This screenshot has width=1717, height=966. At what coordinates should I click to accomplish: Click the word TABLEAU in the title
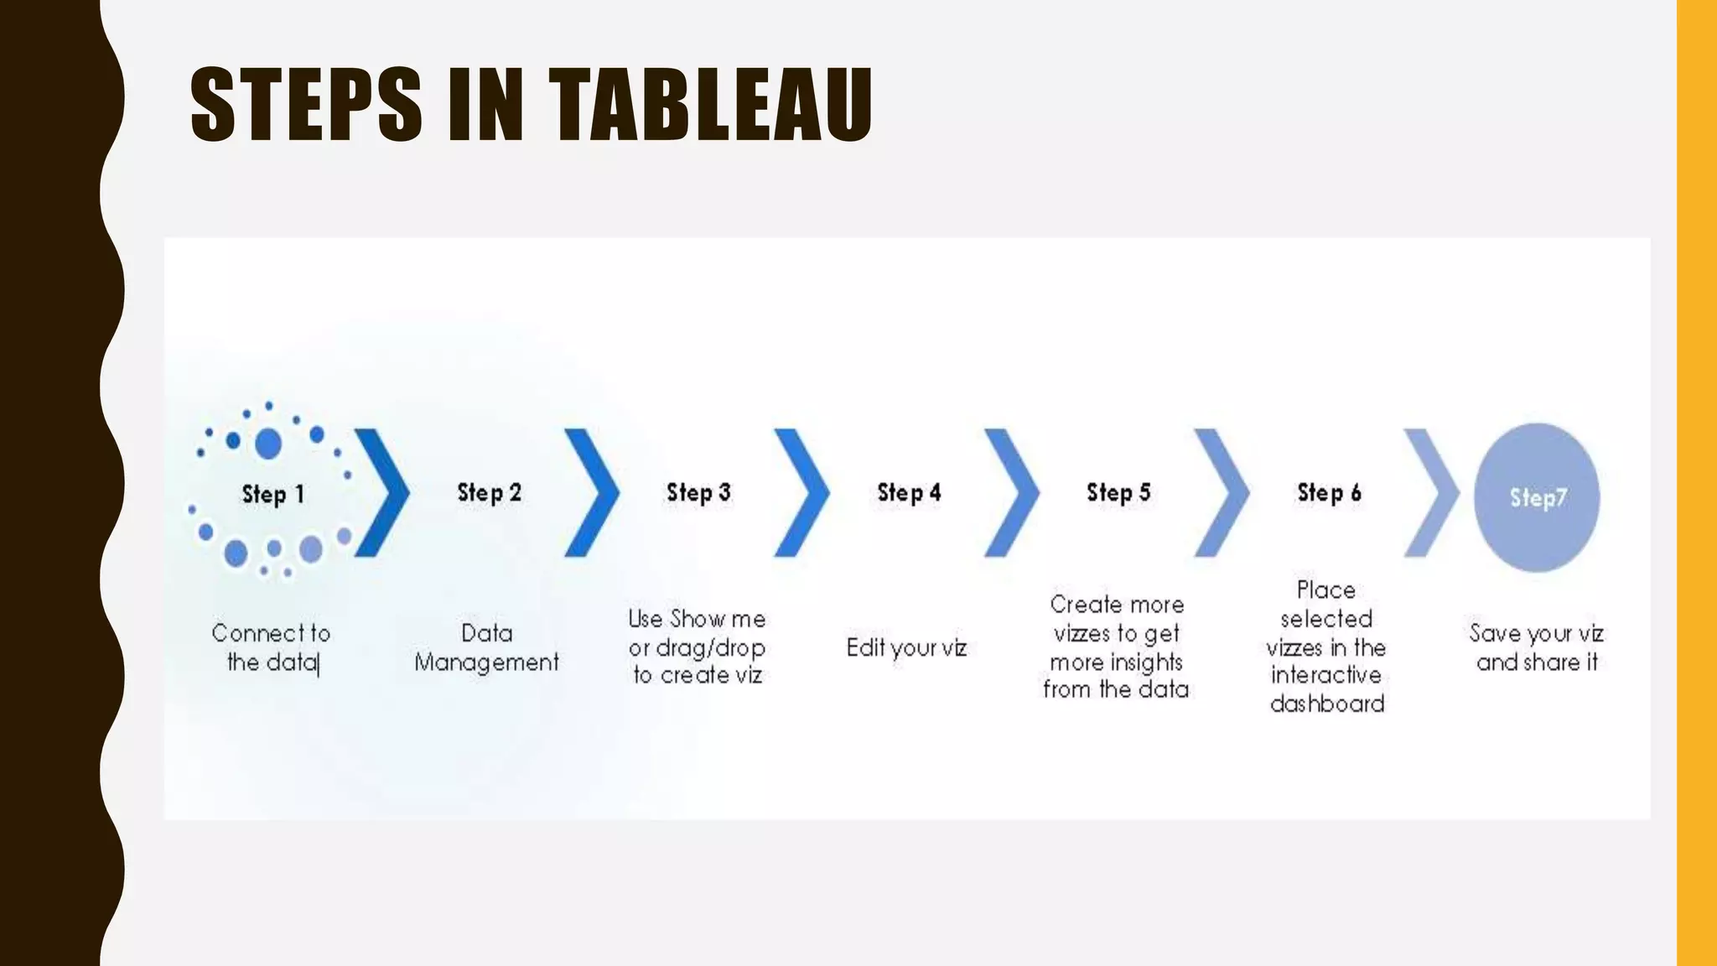pos(711,105)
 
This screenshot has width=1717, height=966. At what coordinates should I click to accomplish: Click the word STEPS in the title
pos(306,105)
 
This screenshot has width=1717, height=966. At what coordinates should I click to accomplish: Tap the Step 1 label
pos(272,494)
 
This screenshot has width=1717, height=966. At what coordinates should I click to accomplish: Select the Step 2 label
pos(489,492)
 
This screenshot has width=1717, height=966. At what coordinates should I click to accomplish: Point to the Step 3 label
pos(698,492)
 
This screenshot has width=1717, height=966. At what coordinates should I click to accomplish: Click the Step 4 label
pos(909,492)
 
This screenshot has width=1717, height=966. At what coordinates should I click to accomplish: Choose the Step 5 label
pos(1118,492)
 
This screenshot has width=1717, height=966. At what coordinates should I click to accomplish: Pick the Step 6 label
pos(1329,492)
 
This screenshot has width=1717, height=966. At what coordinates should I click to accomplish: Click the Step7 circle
pos(1537,497)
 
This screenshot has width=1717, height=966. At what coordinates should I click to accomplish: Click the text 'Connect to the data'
pos(272,647)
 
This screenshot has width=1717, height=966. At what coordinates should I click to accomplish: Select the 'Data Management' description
pos(486,647)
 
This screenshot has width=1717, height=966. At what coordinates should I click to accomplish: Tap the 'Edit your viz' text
pos(906,647)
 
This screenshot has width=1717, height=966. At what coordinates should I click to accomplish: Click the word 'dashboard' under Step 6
pos(1327,704)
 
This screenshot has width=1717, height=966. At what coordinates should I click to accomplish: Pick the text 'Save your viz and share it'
pos(1537,647)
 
